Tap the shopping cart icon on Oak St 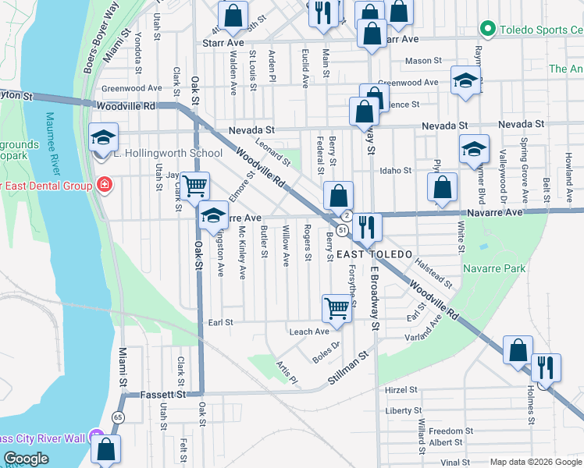(194, 186)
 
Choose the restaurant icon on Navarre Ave (366, 226)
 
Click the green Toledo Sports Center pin (488, 30)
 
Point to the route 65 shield (118, 417)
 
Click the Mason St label (423, 61)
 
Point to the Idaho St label (396, 170)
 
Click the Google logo (27, 459)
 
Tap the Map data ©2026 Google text (535, 462)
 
